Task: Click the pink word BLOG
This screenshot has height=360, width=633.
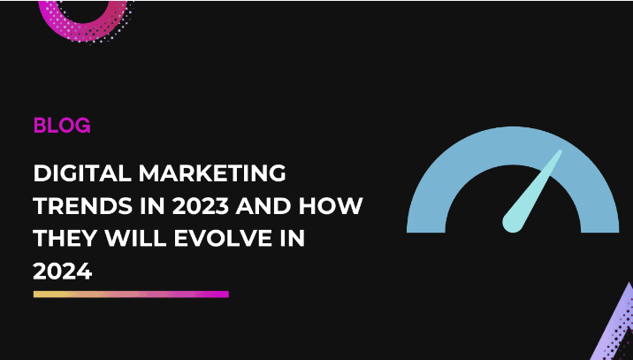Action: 62,126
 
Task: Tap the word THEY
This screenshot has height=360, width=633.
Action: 63,238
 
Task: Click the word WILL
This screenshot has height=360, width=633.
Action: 128,238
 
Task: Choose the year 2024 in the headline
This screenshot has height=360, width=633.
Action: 62,272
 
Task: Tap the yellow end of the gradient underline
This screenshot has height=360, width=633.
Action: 37,294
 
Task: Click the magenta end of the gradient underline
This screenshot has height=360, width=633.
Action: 225,294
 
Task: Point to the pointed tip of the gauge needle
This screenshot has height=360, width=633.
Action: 559,152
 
